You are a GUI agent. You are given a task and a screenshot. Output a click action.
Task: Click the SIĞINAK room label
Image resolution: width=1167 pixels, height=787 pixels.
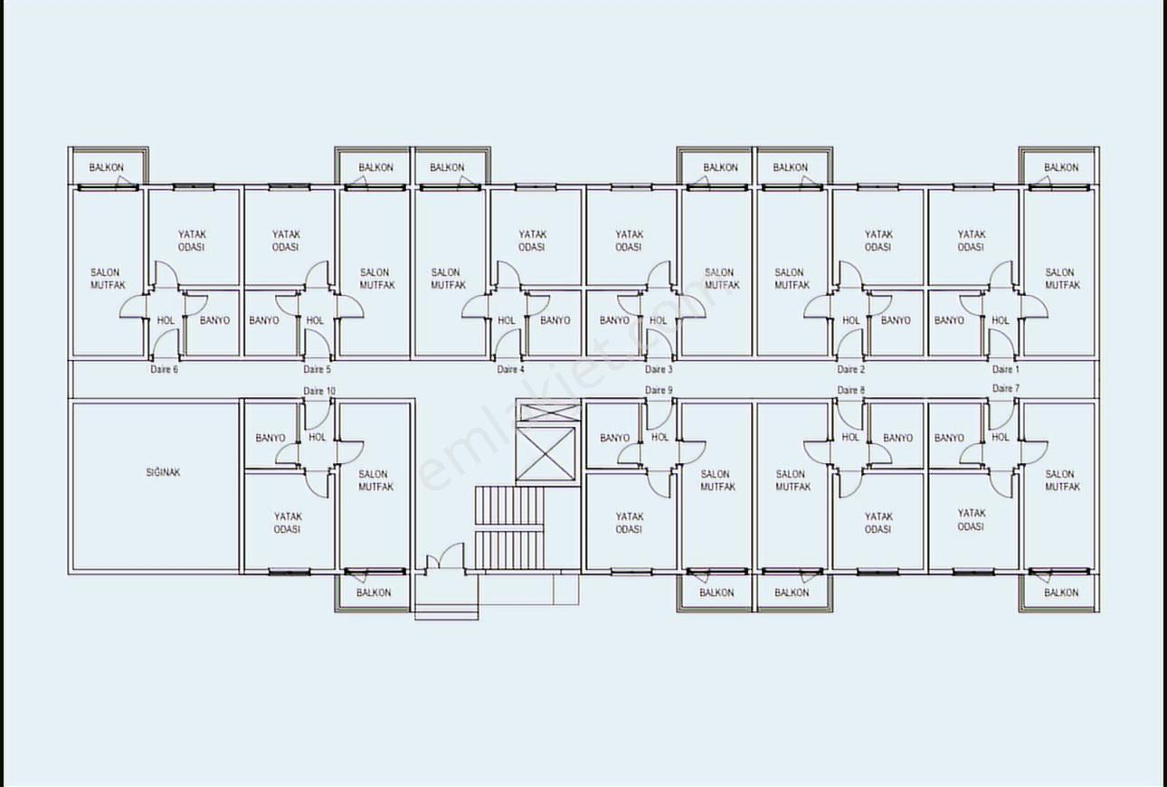click(163, 472)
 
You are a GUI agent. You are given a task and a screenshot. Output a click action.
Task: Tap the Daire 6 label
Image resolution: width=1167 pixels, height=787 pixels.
click(164, 369)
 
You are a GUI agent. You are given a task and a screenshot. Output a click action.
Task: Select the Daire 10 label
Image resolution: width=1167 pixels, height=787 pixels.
click(319, 391)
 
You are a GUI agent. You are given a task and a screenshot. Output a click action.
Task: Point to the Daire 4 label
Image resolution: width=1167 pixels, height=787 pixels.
click(510, 369)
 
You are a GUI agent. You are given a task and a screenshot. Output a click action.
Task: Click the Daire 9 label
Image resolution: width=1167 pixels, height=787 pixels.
click(659, 390)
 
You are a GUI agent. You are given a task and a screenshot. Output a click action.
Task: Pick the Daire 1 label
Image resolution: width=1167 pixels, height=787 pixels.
click(1005, 369)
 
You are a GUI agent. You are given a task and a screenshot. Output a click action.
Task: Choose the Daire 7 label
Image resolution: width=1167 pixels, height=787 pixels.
click(1005, 389)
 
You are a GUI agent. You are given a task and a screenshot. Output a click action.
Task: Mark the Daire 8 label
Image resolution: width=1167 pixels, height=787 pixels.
click(850, 390)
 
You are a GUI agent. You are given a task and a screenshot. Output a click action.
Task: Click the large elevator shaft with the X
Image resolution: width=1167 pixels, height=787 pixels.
click(545, 454)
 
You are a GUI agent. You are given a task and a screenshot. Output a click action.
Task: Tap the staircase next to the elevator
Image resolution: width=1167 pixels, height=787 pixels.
click(509, 527)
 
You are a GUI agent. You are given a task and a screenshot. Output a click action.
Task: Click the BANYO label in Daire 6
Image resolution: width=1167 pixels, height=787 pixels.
click(214, 320)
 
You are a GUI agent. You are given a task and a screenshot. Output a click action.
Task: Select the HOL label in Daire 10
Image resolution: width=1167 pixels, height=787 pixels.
click(317, 437)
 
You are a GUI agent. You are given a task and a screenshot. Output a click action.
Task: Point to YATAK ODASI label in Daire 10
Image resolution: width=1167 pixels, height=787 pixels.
click(288, 523)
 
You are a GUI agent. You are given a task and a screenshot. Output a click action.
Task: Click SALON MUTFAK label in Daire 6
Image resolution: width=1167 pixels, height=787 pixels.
click(108, 279)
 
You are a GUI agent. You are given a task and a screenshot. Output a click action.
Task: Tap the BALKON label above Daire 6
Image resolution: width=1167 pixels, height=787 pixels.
click(106, 167)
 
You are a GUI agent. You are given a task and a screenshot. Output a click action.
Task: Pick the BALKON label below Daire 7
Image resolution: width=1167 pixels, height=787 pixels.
click(1061, 593)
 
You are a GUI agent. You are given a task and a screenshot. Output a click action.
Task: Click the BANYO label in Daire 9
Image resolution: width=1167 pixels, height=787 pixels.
click(615, 438)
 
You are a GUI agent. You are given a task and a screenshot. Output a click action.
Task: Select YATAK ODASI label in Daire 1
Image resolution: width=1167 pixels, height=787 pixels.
click(971, 241)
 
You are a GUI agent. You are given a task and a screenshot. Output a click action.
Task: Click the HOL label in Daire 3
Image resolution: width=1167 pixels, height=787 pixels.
click(658, 320)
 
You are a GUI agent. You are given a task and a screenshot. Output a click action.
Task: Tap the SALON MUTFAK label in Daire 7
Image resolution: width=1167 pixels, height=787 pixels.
click(1062, 480)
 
